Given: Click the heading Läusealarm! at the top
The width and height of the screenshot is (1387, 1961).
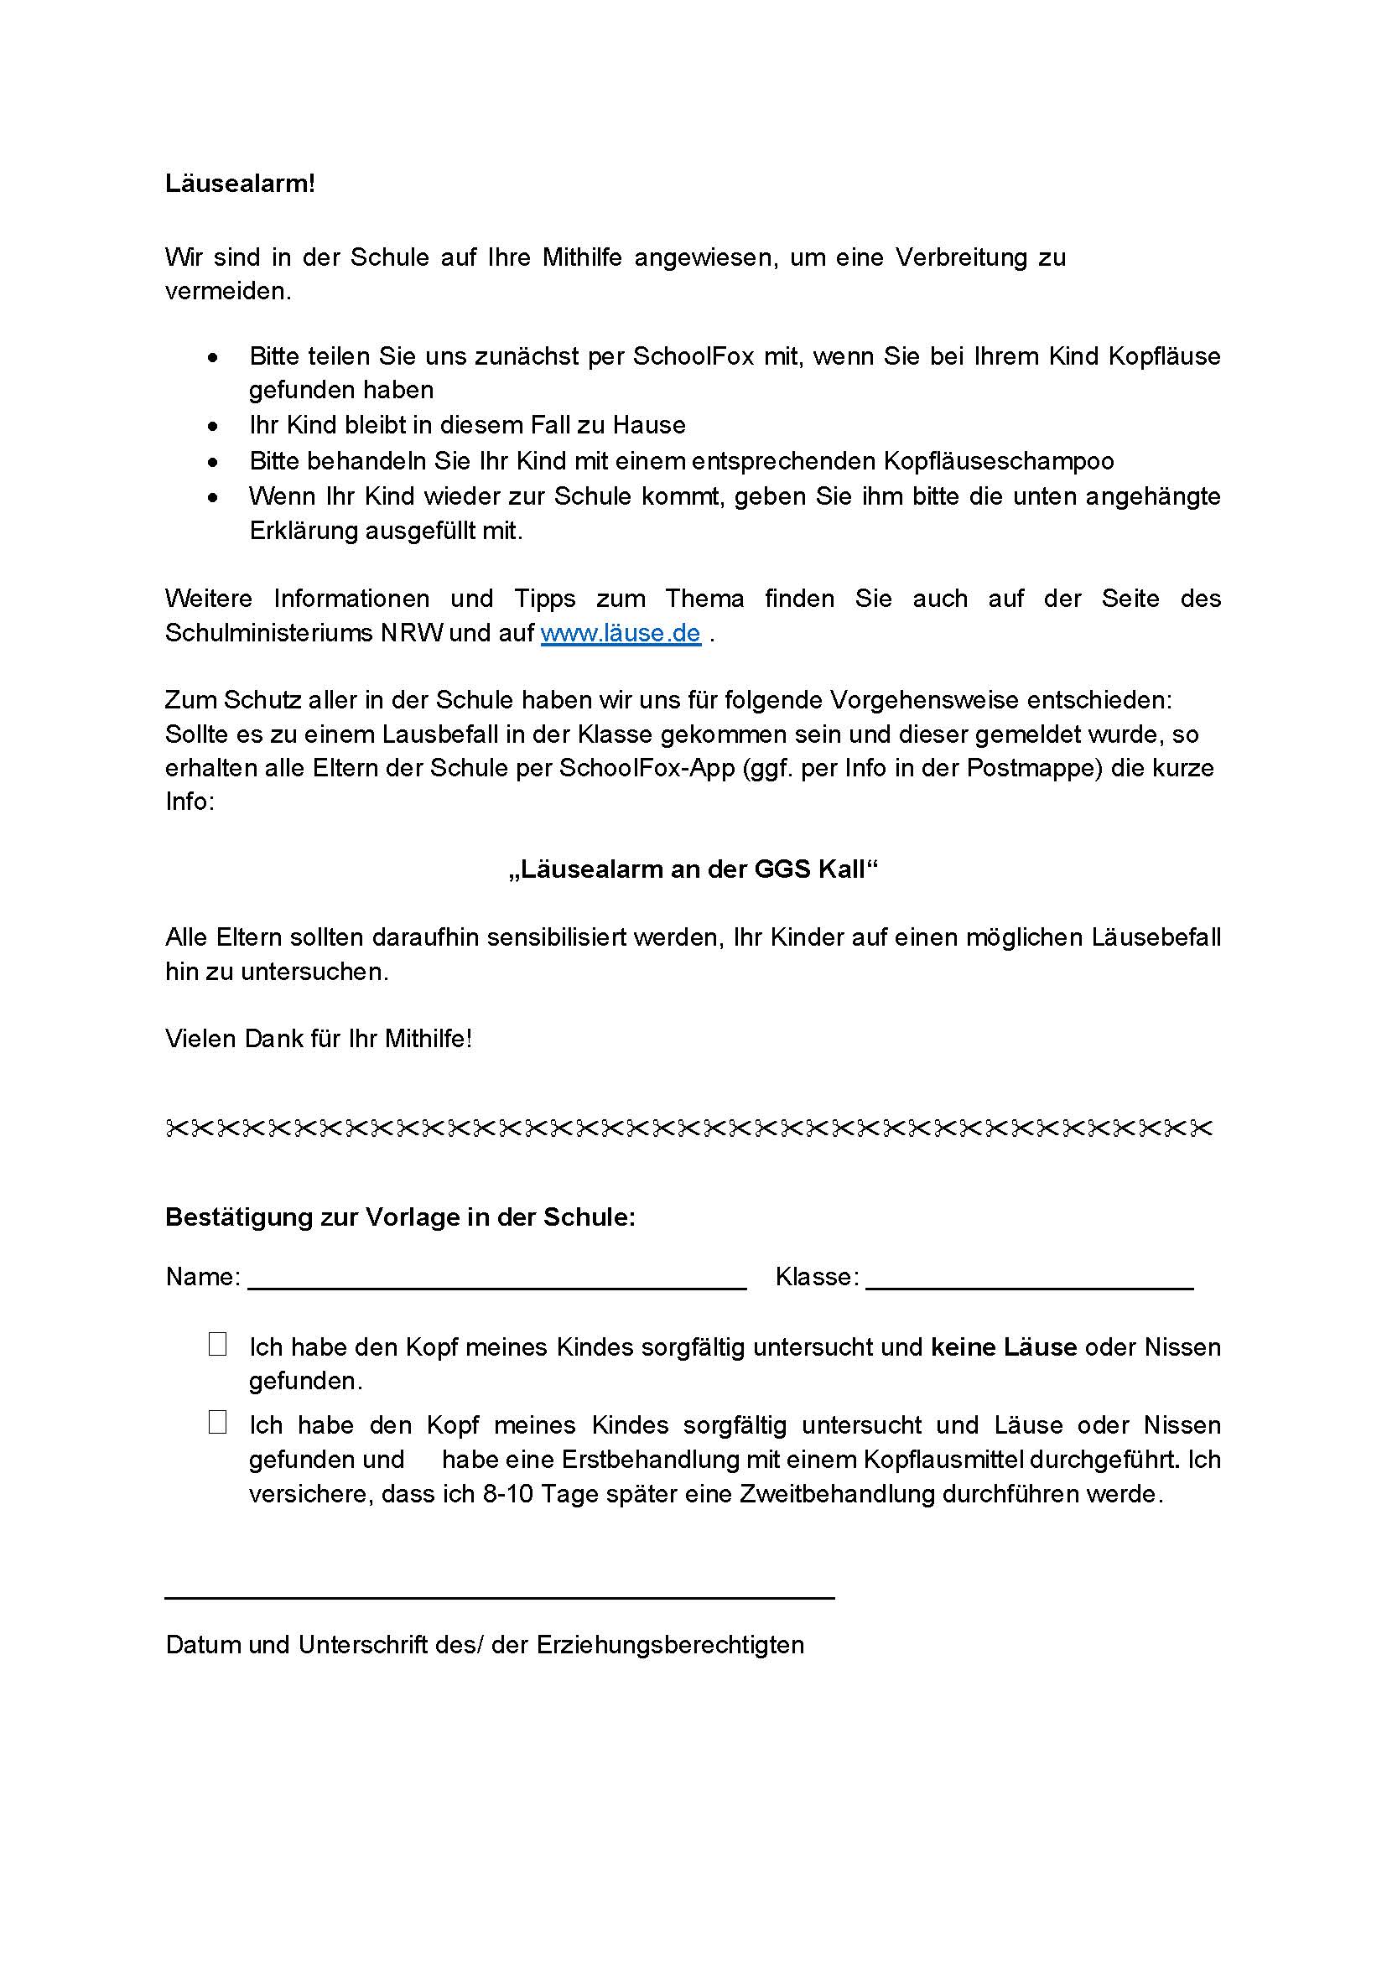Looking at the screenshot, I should (x=240, y=184).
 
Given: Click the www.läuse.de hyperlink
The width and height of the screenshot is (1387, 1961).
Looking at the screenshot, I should (x=620, y=633).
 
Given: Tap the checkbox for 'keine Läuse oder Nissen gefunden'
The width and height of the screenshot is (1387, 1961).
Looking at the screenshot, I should (x=217, y=1344).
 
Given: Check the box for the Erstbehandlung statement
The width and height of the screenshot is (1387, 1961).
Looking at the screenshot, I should (x=217, y=1422).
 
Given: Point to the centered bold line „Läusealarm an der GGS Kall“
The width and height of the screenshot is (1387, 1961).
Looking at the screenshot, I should (x=693, y=869).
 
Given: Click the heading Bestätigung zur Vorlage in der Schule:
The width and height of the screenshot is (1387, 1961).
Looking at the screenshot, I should (x=400, y=1217).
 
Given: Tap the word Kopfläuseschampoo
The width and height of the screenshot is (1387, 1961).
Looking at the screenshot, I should (x=999, y=461).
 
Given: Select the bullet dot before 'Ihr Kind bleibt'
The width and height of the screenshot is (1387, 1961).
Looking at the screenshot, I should (x=213, y=426).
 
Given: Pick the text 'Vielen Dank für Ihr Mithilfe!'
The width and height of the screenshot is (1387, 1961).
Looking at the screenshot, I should (x=319, y=1039).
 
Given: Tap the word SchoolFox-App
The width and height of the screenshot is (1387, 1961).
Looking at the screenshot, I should (x=647, y=768).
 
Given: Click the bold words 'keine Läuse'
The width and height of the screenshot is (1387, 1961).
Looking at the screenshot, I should (x=1004, y=1347).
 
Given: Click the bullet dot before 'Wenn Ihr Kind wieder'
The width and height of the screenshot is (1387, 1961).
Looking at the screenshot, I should (x=213, y=497).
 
